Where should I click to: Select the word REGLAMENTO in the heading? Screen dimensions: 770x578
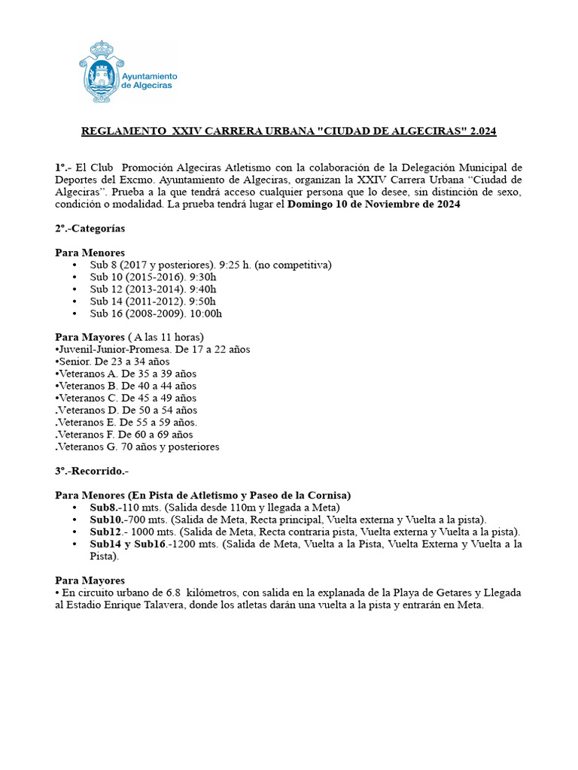click(x=123, y=132)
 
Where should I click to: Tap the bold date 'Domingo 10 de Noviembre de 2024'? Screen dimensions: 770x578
click(x=374, y=204)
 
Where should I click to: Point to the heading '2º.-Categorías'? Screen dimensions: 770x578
click(x=90, y=228)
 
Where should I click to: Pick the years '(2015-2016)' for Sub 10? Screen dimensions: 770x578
click(x=148, y=277)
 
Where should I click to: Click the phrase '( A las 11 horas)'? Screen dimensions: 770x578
click(x=166, y=337)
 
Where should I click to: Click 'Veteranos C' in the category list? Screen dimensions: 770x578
click(x=87, y=397)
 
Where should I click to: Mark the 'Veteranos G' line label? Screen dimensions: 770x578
click(x=87, y=446)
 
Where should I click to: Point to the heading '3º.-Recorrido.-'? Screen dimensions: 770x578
click(x=92, y=471)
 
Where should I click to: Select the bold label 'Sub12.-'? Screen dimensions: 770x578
click(x=108, y=532)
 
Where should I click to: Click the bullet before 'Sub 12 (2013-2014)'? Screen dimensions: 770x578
click(x=75, y=289)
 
